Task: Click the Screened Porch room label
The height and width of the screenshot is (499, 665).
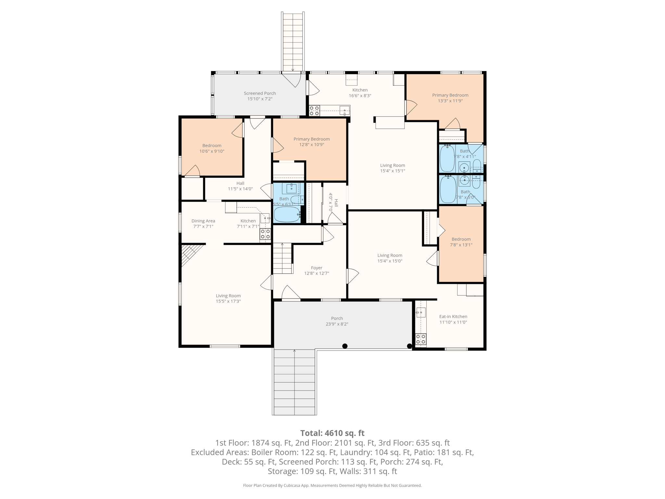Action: (260, 93)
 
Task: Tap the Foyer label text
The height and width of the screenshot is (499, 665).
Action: (317, 268)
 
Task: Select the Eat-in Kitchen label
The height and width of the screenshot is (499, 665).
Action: (453, 316)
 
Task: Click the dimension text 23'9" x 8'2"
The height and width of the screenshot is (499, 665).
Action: (337, 324)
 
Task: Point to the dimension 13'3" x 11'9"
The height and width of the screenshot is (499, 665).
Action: (450, 101)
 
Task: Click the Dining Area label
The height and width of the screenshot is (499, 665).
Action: (203, 221)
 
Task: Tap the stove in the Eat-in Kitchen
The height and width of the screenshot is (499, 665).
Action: (421, 339)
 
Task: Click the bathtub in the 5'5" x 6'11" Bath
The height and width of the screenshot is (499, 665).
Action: (287, 214)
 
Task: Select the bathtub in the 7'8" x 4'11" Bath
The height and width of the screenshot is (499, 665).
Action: (447, 159)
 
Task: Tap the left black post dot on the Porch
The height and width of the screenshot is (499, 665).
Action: (345, 346)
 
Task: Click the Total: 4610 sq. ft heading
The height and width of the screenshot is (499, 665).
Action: (332, 433)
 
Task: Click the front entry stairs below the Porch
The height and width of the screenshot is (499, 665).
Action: (295, 382)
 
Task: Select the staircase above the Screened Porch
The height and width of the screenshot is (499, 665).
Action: (293, 42)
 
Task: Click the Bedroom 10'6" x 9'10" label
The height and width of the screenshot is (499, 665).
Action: (212, 148)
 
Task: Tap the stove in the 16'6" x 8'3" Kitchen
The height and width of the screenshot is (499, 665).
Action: (314, 111)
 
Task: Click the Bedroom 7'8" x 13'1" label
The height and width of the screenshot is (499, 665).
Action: (461, 242)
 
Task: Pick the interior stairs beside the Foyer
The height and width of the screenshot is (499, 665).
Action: (282, 259)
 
